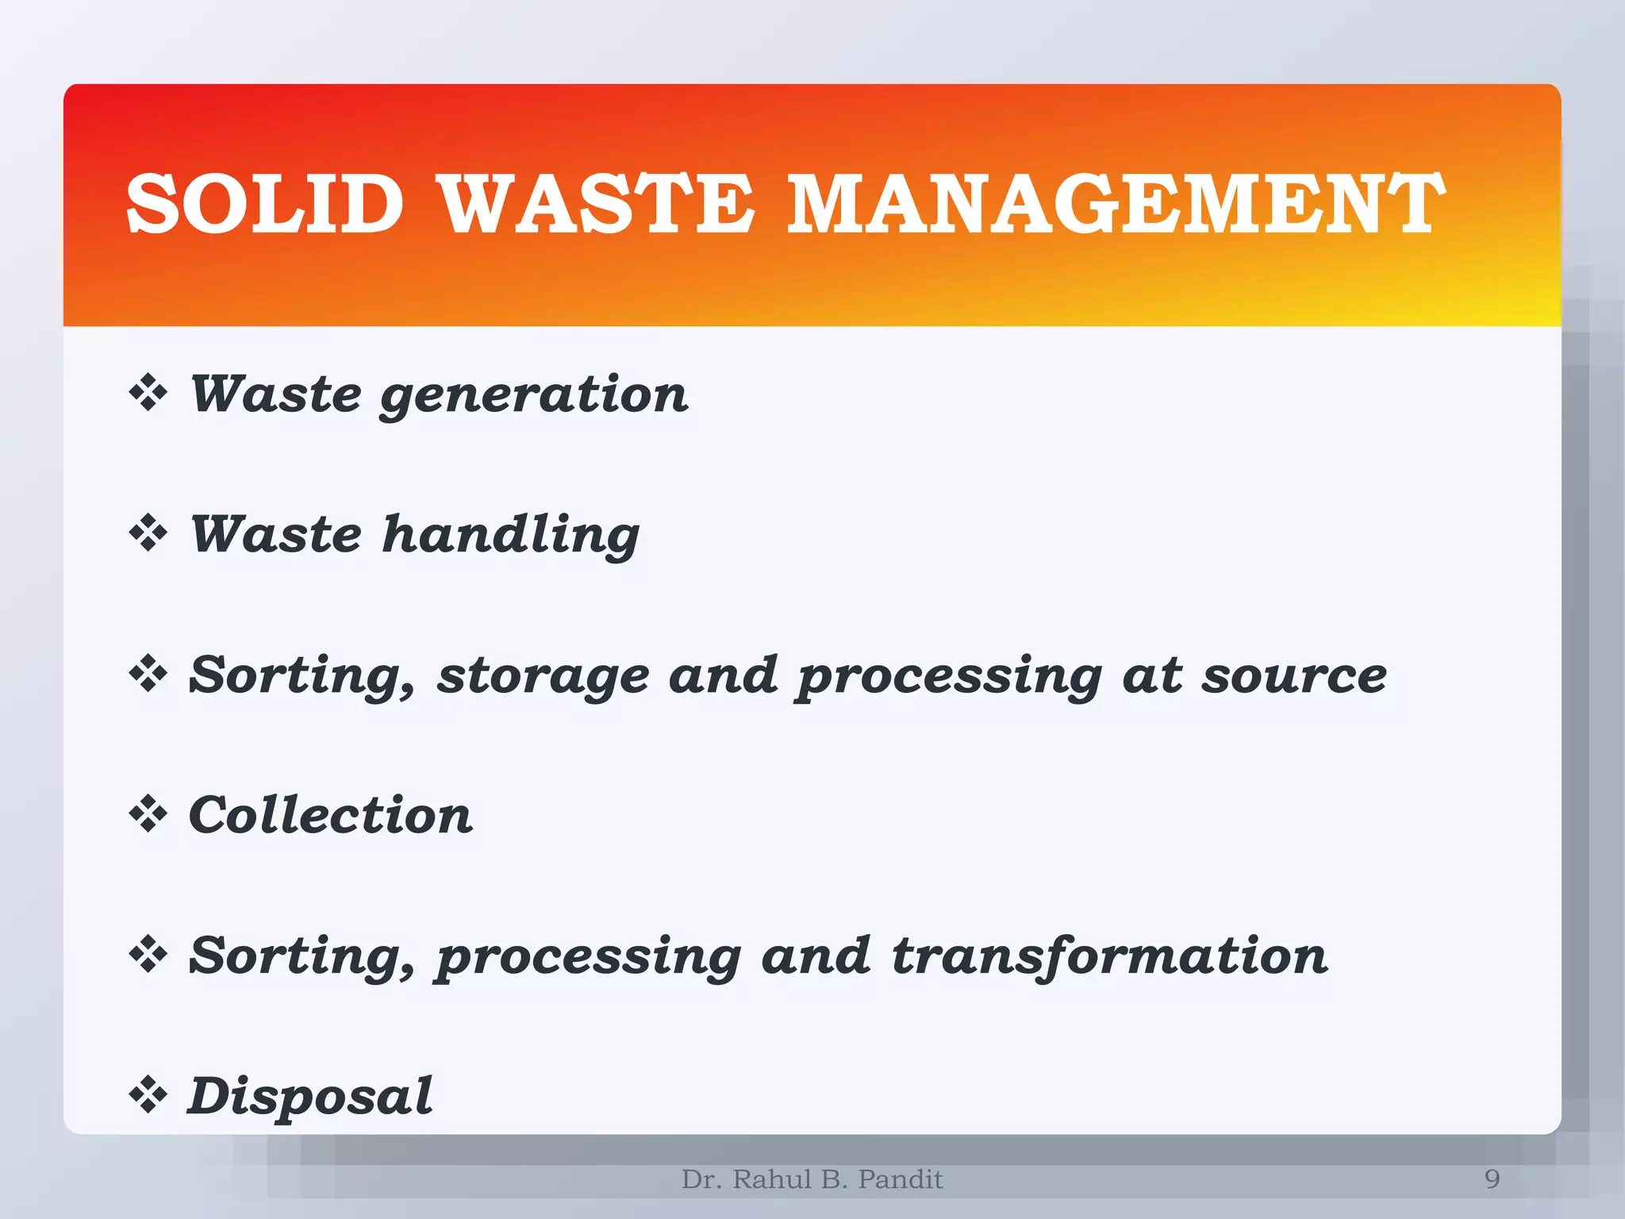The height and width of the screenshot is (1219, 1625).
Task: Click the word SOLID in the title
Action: (x=265, y=204)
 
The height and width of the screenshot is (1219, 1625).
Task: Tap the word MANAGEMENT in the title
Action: (x=1116, y=204)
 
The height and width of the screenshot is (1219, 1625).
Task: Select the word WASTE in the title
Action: (x=596, y=204)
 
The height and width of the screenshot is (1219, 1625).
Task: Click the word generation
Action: (x=534, y=395)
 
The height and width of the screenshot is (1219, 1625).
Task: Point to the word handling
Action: (x=511, y=535)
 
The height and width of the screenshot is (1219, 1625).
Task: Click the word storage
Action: (x=544, y=676)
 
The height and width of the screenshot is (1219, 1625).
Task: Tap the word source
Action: (x=1293, y=676)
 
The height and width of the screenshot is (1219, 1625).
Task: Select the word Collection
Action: (x=331, y=816)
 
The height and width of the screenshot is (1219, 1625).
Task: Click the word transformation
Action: (x=1109, y=956)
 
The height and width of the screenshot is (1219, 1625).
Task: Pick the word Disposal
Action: (x=310, y=1096)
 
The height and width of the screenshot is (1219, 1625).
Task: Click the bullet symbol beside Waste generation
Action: (x=148, y=394)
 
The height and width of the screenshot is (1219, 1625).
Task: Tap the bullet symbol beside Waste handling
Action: (x=148, y=533)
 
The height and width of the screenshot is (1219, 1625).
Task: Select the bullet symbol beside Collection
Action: (x=148, y=815)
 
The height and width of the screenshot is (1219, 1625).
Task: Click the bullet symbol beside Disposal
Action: (x=148, y=1096)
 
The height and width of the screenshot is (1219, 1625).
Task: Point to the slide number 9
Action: (x=1492, y=1179)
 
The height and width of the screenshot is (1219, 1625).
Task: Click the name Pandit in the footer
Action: (x=901, y=1179)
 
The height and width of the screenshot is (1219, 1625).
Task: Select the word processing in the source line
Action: (x=950, y=677)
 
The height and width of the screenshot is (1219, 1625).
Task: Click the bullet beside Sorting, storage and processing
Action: (x=148, y=675)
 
